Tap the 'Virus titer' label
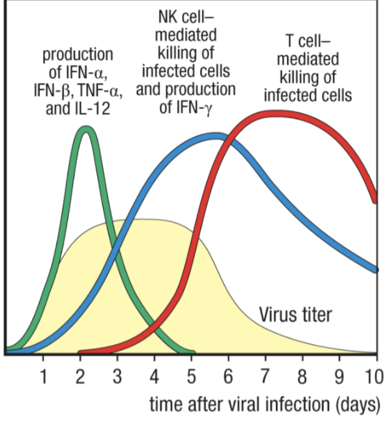(x=295, y=315)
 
